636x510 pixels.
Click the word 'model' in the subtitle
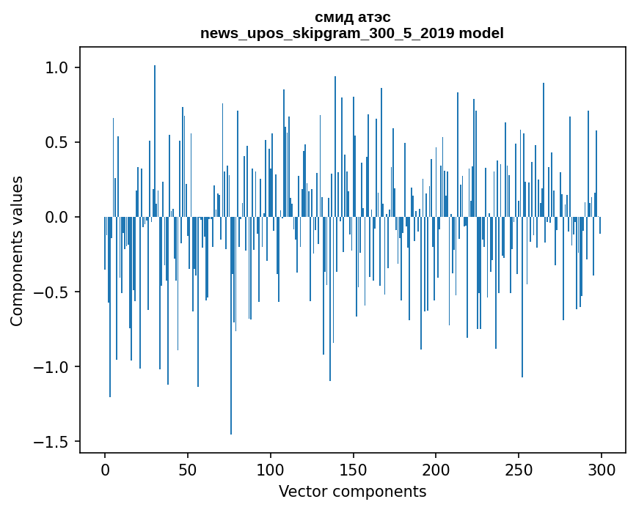[x=481, y=33]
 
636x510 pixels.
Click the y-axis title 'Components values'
[x=17, y=251]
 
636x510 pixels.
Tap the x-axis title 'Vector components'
[x=352, y=491]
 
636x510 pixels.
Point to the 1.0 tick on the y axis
[x=56, y=67]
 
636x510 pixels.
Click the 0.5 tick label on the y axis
[x=56, y=142]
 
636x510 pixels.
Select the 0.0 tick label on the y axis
[x=56, y=218]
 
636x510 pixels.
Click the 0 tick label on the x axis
[x=105, y=468]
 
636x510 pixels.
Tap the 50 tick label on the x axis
[x=188, y=468]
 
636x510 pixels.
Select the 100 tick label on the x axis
[x=271, y=468]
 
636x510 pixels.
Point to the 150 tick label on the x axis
[x=353, y=468]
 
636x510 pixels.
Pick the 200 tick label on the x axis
[x=436, y=468]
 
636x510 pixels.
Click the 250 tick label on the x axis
[x=519, y=468]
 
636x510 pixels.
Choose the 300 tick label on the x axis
[x=602, y=468]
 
